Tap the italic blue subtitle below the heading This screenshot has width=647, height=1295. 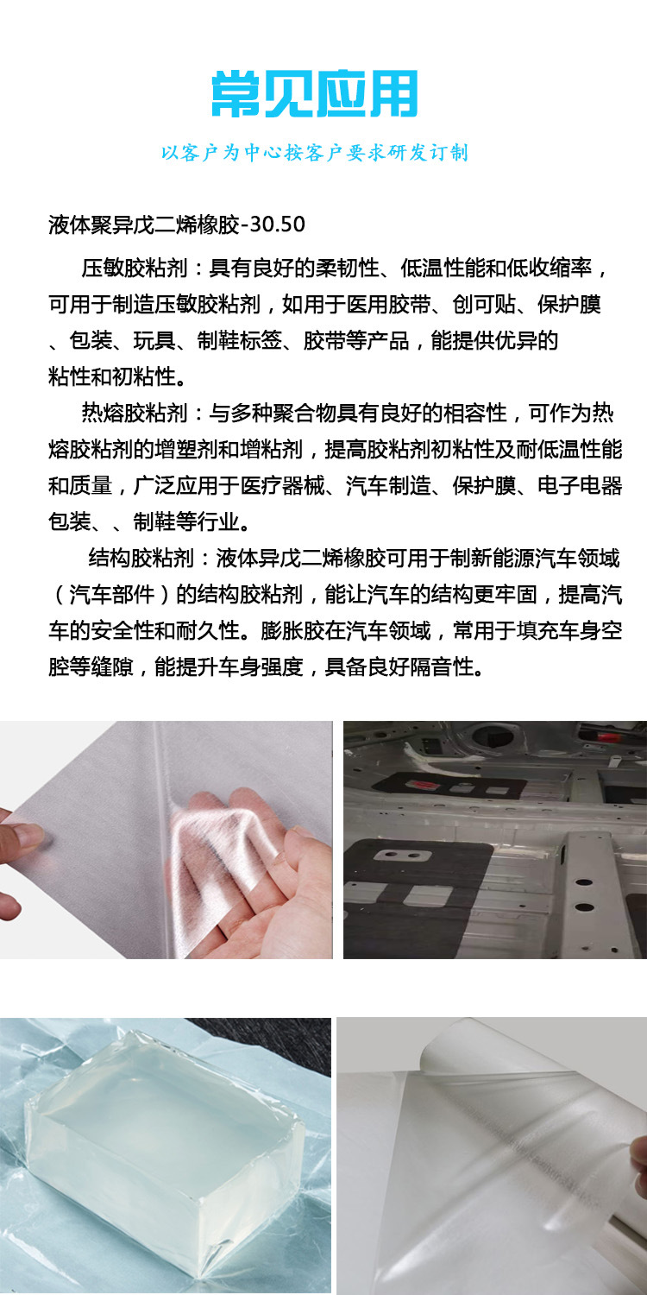(x=315, y=154)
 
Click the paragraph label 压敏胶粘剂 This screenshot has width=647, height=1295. (x=135, y=268)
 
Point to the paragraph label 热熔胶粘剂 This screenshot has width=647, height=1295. (x=135, y=413)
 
